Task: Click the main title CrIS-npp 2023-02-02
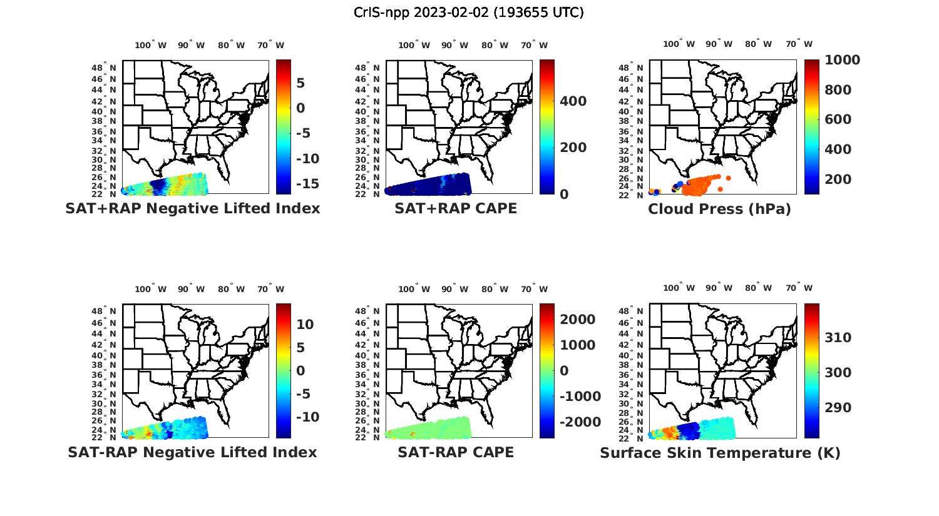click(468, 13)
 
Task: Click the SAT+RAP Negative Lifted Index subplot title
click(192, 208)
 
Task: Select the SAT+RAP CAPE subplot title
click(456, 208)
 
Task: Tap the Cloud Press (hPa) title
click(719, 209)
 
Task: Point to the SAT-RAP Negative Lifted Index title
click(192, 452)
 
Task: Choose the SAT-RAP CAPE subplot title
click(456, 452)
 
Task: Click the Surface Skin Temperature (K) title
click(720, 453)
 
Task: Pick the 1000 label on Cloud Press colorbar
click(842, 60)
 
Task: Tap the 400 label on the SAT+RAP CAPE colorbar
click(573, 101)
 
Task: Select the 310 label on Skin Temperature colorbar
click(838, 338)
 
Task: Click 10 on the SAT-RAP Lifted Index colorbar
click(305, 325)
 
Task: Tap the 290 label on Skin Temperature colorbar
click(838, 408)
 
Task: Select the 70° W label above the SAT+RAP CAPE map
click(534, 45)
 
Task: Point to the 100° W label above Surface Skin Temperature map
click(679, 288)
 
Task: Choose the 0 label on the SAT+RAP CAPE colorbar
click(564, 195)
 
